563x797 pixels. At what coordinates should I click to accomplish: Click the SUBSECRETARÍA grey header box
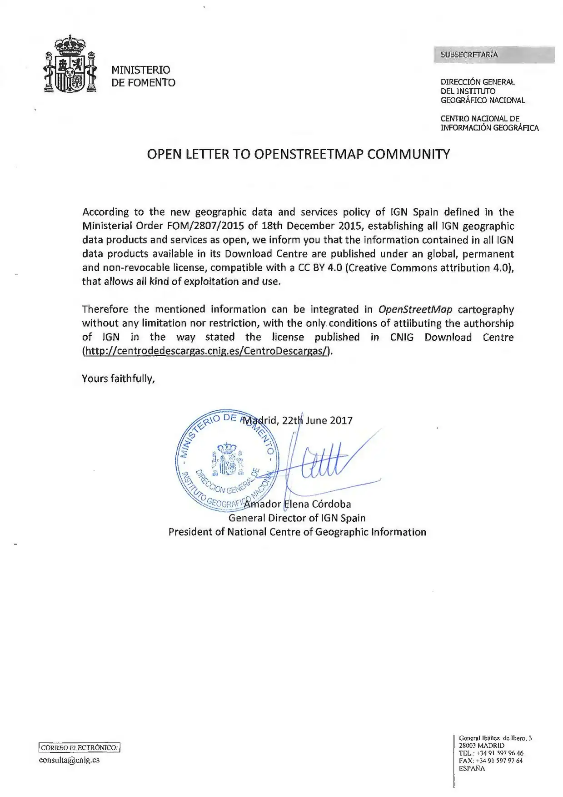tap(493, 55)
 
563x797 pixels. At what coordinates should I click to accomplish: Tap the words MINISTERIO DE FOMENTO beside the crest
tap(143, 76)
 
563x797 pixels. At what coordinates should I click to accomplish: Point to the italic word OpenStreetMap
tap(415, 309)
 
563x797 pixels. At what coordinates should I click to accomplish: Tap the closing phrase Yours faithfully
tap(118, 378)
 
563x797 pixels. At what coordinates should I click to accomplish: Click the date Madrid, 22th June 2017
tap(298, 420)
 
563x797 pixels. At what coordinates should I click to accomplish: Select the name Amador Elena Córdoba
tap(298, 504)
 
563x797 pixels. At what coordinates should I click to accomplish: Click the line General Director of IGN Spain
tap(297, 518)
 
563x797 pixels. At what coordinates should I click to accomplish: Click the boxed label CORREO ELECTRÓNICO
tap(80, 747)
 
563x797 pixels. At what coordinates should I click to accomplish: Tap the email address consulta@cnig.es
tap(69, 760)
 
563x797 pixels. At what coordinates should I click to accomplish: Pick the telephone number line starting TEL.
tap(491, 753)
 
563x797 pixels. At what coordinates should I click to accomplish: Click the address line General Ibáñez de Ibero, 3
tap(495, 738)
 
